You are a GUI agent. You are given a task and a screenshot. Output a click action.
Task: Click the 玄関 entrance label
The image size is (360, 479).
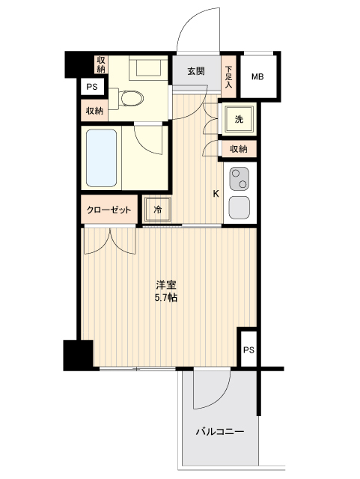tap(196, 72)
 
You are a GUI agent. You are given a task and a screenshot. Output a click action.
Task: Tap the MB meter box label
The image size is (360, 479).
tap(257, 76)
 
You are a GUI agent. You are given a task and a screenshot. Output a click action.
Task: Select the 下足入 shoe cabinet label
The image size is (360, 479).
tap(228, 75)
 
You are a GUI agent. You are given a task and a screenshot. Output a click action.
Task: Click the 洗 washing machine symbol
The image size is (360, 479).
tap(239, 120)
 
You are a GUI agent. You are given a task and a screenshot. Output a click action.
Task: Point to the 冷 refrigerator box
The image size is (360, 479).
tap(159, 210)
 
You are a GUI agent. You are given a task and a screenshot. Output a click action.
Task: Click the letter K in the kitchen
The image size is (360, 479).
tap(216, 194)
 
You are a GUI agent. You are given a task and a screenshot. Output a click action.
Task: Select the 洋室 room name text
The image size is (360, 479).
tap(166, 285)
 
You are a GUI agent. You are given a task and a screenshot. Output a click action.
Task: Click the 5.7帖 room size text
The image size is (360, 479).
tap(166, 298)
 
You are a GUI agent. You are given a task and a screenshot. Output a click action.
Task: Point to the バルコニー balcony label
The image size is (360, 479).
tap(220, 432)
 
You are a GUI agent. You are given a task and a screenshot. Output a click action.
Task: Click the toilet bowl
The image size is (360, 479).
tap(132, 97)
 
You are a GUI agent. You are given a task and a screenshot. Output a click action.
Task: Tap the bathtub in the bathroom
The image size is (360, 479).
tap(102, 159)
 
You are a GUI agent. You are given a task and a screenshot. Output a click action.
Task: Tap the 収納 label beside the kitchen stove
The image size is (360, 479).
tap(239, 150)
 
